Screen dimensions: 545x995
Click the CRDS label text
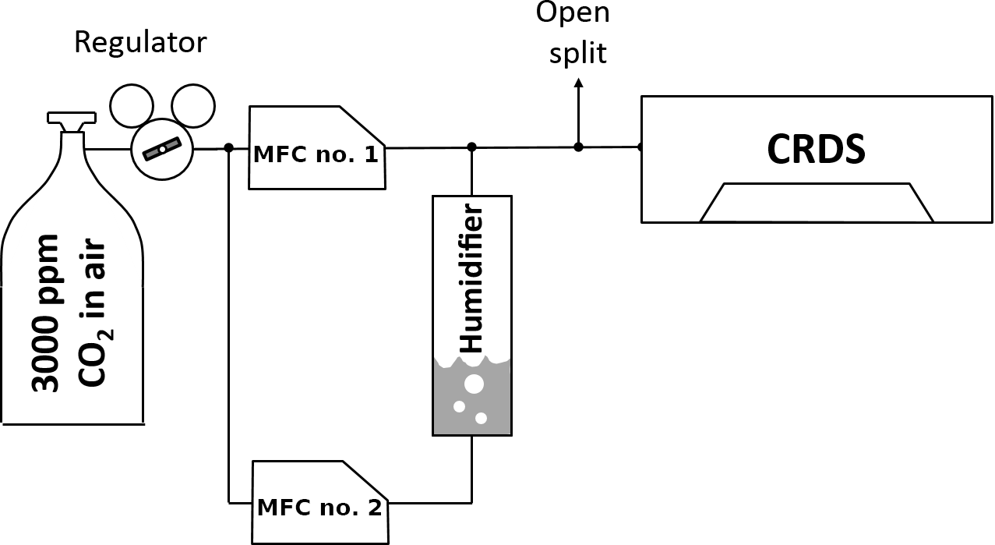[816, 150]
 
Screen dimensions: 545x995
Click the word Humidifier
[471, 278]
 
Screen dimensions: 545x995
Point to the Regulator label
[140, 42]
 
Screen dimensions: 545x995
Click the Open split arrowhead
[577, 83]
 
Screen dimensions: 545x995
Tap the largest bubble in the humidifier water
[473, 384]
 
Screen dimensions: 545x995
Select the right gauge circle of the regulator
[192, 106]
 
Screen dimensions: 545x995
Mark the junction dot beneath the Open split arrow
[577, 147]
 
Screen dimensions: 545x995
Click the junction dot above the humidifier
[471, 147]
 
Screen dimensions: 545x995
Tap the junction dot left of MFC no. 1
[229, 147]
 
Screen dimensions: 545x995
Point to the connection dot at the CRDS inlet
[640, 147]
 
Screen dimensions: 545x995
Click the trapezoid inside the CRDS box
[817, 203]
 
